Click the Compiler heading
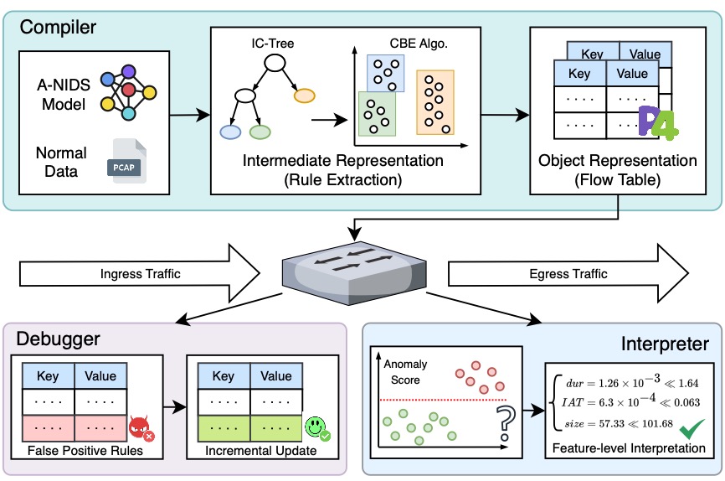pos(59,27)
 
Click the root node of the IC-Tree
pos(275,62)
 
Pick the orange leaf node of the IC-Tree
pos(305,95)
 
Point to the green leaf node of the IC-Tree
pos(260,132)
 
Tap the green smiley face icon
pos(316,429)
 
